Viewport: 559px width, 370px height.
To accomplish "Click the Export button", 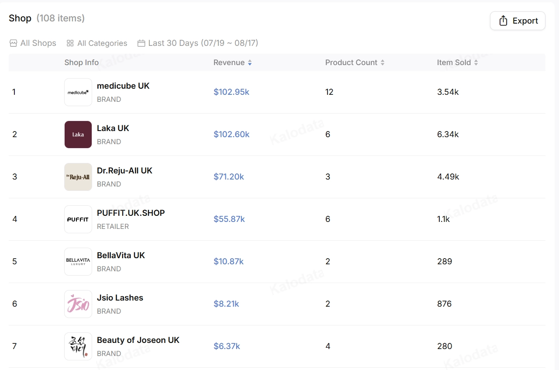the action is pyautogui.click(x=518, y=21).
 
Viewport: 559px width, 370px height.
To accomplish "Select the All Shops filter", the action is pyautogui.click(x=33, y=43).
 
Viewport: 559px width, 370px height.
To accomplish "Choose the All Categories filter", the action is pyautogui.click(x=97, y=43).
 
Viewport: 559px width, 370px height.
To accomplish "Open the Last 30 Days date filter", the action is pyautogui.click(x=198, y=43).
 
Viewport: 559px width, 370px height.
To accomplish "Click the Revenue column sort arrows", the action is pyautogui.click(x=250, y=62).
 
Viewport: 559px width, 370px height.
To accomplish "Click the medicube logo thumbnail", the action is pyautogui.click(x=78, y=92).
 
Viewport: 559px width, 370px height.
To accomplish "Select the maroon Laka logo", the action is pyautogui.click(x=78, y=135).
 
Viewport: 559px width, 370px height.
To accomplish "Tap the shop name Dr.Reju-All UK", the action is pyautogui.click(x=124, y=170).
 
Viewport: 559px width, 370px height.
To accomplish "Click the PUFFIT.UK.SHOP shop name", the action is pyautogui.click(x=131, y=213).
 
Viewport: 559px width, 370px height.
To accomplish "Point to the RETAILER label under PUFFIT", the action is pyautogui.click(x=113, y=226).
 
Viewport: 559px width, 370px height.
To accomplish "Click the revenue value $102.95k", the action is pyautogui.click(x=231, y=92).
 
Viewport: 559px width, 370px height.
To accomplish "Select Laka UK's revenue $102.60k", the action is pyautogui.click(x=231, y=134).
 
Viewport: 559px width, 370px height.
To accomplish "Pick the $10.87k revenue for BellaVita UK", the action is pyautogui.click(x=228, y=261).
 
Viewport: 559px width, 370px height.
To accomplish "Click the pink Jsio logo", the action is pyautogui.click(x=78, y=304).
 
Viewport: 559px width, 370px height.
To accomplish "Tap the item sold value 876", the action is pyautogui.click(x=445, y=304).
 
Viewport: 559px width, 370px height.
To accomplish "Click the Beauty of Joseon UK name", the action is pyautogui.click(x=138, y=340).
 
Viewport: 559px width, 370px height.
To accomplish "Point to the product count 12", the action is pyautogui.click(x=329, y=92).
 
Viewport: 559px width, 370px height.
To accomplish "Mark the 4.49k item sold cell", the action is pyautogui.click(x=448, y=177).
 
